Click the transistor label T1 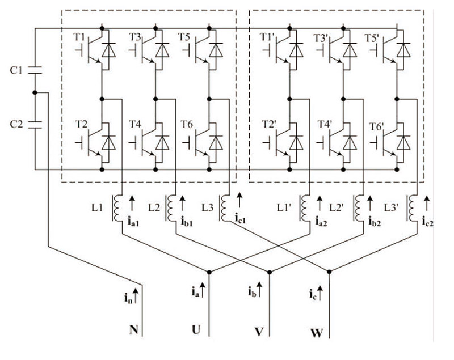[x=79, y=37]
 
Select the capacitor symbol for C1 [x=34, y=71]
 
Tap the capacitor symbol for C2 [x=34, y=123]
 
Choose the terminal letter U [x=196, y=329]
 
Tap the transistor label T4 [x=134, y=123]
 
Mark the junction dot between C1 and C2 [x=34, y=92]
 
